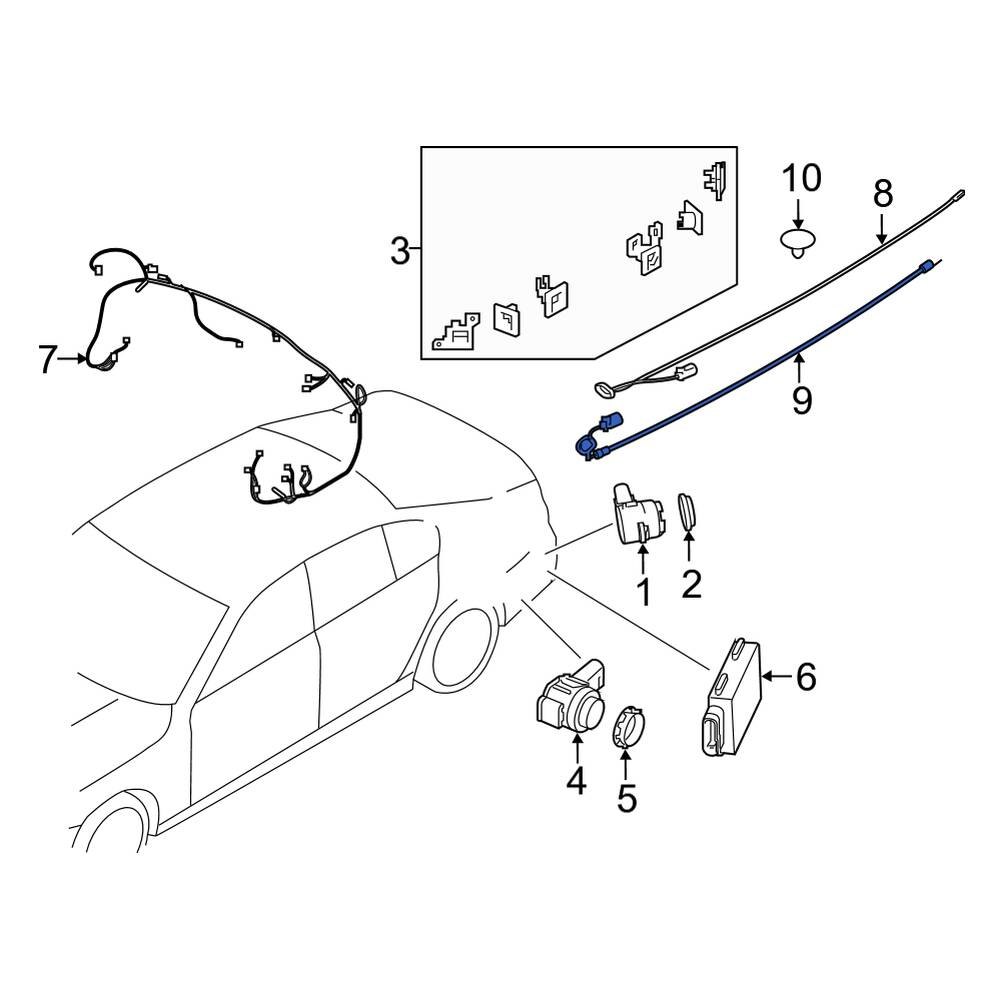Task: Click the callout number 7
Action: (x=47, y=359)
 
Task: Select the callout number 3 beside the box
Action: (x=399, y=251)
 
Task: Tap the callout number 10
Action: (x=801, y=180)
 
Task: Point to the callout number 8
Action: (x=881, y=194)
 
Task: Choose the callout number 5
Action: (x=626, y=799)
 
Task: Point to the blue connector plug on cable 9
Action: (x=609, y=424)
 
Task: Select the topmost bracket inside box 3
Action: (x=715, y=182)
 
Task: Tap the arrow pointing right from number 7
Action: (x=76, y=358)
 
